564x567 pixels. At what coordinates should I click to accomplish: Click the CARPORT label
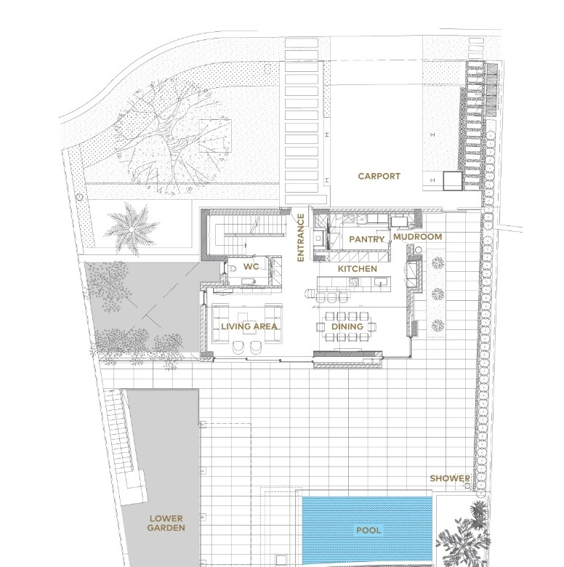pyautogui.click(x=379, y=176)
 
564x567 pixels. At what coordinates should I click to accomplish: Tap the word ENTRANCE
pyautogui.click(x=300, y=237)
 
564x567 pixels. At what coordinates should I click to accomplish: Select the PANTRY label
pyautogui.click(x=366, y=239)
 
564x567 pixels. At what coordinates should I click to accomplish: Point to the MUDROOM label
pyautogui.click(x=418, y=237)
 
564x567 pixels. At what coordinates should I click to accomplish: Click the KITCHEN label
pyautogui.click(x=357, y=269)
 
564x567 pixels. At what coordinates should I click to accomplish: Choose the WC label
pyautogui.click(x=251, y=267)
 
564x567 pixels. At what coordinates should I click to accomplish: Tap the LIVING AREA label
pyautogui.click(x=249, y=326)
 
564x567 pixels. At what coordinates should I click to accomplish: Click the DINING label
pyautogui.click(x=347, y=326)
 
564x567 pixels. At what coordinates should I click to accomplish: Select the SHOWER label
pyautogui.click(x=450, y=478)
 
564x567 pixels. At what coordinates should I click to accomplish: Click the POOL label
pyautogui.click(x=368, y=531)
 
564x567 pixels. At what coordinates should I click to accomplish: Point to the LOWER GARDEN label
pyautogui.click(x=166, y=523)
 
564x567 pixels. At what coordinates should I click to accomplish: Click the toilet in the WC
pyautogui.click(x=232, y=268)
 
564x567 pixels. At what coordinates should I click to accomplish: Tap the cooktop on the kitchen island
pyautogui.click(x=354, y=282)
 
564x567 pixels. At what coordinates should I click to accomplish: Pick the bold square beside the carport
pyautogui.click(x=453, y=181)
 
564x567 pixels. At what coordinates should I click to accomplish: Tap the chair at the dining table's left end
pyautogui.click(x=321, y=327)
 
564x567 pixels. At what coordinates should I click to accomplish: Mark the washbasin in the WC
pyautogui.click(x=249, y=281)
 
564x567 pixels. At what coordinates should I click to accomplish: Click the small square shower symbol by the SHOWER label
pyautogui.click(x=467, y=486)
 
